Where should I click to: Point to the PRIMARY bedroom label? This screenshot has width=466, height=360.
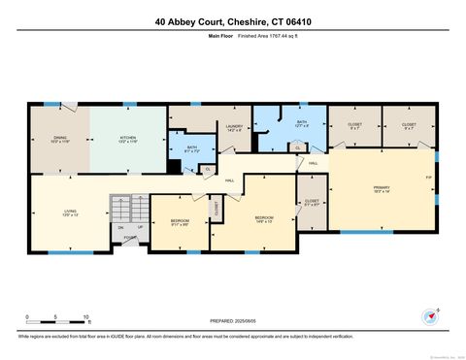tap(381, 188)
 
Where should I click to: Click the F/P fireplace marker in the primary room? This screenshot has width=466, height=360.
tap(428, 178)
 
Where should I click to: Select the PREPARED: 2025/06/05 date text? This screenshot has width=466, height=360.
tap(233, 322)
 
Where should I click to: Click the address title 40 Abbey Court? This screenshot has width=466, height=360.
tap(233, 20)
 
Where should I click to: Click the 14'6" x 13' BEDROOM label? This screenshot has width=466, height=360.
tap(264, 219)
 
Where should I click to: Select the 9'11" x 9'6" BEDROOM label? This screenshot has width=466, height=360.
tap(179, 223)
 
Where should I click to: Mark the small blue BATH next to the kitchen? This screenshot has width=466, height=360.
tap(192, 149)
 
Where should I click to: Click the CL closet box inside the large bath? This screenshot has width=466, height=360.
tap(297, 147)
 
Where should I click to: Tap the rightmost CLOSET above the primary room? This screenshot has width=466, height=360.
tap(409, 126)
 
